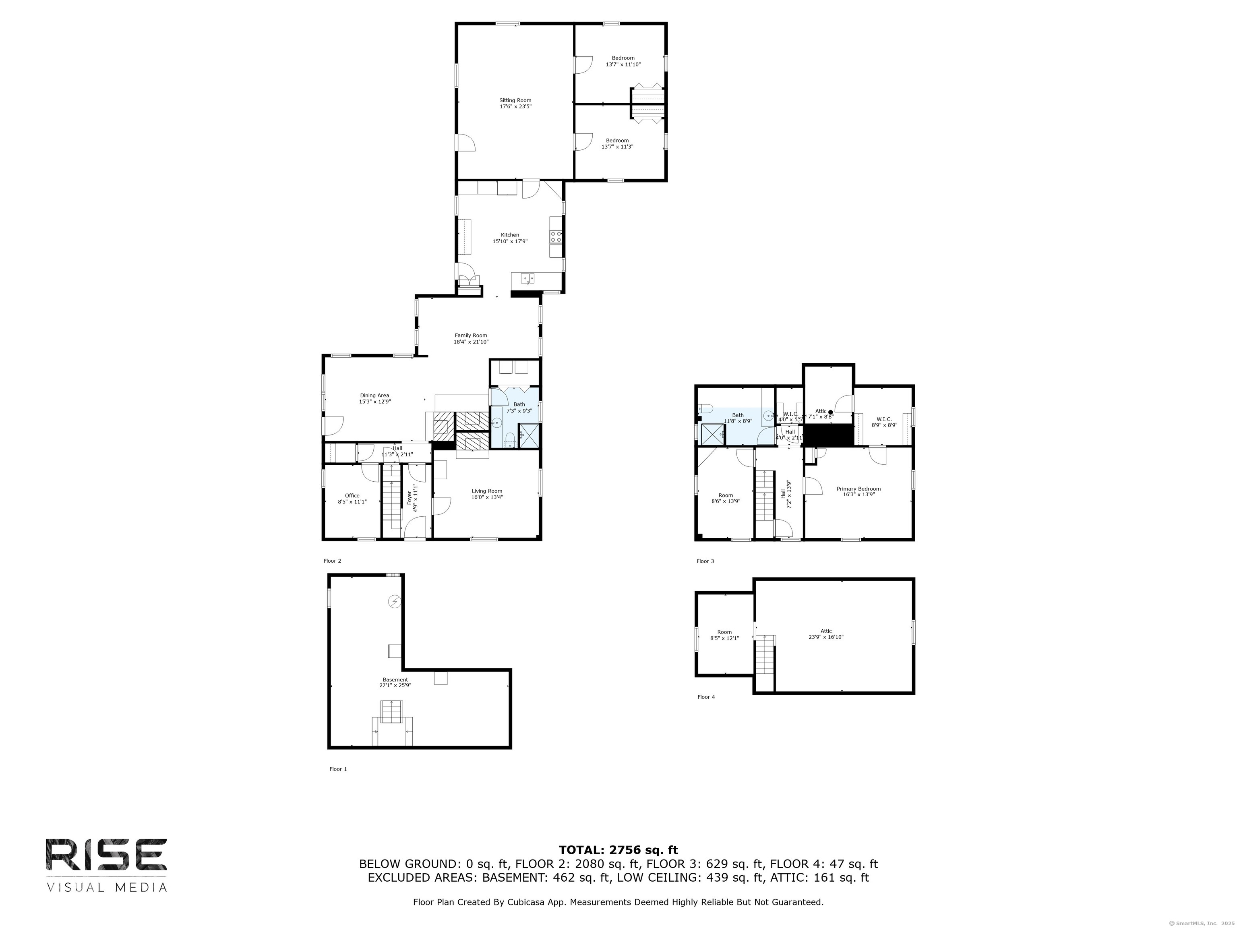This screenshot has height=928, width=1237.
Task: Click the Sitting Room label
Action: pyautogui.click(x=515, y=101)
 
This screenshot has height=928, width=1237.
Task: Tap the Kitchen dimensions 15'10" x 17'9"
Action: pyautogui.click(x=509, y=242)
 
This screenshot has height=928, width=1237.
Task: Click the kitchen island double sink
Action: pyautogui.click(x=527, y=278)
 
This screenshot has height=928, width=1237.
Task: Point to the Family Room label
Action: pyautogui.click(x=471, y=336)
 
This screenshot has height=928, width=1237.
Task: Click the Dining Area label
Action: pyautogui.click(x=374, y=396)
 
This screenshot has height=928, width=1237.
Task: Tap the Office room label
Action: pyautogui.click(x=352, y=495)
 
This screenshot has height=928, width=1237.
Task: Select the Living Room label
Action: pyautogui.click(x=486, y=491)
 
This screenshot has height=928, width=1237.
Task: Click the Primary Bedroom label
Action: pyautogui.click(x=858, y=489)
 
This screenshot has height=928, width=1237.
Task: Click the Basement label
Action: pyautogui.click(x=395, y=679)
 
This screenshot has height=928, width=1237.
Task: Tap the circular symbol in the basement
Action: pyautogui.click(x=395, y=601)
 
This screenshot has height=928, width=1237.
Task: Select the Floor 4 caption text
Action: pyautogui.click(x=706, y=697)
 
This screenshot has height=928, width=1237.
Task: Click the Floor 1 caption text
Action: pyautogui.click(x=338, y=769)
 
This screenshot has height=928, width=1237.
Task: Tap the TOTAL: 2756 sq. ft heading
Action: pyautogui.click(x=618, y=850)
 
